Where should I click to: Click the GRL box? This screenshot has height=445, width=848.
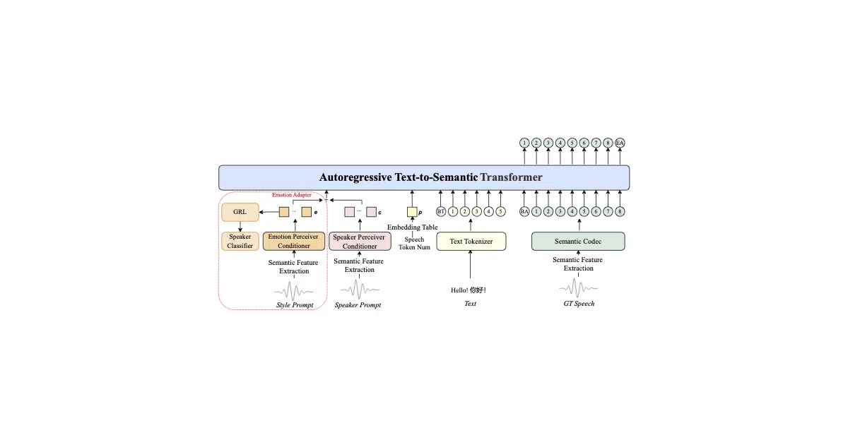click(240, 212)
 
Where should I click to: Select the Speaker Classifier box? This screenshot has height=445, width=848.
click(240, 241)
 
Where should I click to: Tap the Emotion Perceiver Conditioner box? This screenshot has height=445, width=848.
click(294, 241)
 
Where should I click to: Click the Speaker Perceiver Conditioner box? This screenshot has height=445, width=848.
click(360, 242)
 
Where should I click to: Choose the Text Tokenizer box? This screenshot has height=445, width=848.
click(471, 242)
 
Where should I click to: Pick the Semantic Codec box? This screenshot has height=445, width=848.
click(578, 242)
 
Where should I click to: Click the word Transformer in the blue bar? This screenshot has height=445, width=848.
click(511, 177)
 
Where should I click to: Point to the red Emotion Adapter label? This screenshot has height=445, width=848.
click(292, 195)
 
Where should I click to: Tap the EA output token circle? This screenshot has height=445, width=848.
click(620, 143)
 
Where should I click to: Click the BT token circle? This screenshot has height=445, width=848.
click(441, 211)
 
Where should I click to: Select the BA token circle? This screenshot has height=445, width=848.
click(524, 211)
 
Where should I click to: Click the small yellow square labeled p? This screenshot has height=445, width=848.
click(412, 212)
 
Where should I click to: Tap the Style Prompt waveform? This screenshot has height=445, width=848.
click(294, 291)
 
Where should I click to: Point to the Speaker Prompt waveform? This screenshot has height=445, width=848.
click(360, 290)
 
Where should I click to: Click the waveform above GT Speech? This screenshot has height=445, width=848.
click(578, 288)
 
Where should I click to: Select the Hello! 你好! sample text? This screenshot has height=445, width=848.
click(469, 290)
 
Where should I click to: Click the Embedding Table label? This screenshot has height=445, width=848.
click(412, 227)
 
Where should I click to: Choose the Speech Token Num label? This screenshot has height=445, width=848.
click(414, 243)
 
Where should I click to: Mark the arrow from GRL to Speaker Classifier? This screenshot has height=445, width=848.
click(240, 226)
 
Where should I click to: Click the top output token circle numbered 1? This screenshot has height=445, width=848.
click(524, 143)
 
